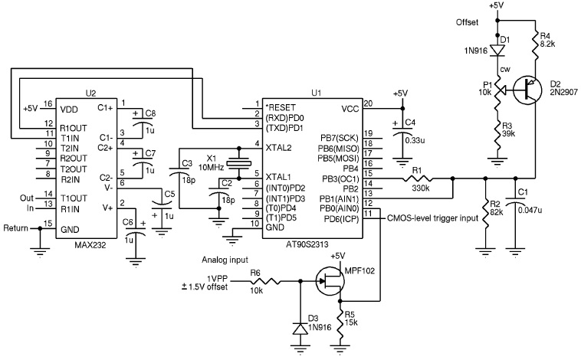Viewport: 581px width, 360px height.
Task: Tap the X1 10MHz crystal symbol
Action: [238, 162]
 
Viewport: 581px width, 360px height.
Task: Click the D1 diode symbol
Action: [497, 50]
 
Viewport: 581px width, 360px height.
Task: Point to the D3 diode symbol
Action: [300, 329]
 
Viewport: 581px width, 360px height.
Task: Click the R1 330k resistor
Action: [418, 178]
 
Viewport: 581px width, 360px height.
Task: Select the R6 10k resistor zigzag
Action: [265, 281]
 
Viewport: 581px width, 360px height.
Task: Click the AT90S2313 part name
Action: [307, 244]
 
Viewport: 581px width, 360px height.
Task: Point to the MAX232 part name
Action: [90, 244]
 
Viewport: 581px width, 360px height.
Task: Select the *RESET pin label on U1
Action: [280, 107]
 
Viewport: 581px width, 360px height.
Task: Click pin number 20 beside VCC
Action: [368, 103]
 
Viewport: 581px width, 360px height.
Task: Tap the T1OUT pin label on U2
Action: [74, 198]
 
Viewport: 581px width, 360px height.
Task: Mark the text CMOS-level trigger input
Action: [432, 218]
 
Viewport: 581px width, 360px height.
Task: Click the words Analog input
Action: [225, 260]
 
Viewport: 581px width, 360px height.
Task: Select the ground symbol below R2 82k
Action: [484, 252]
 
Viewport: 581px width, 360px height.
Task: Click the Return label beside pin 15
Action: [15, 228]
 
